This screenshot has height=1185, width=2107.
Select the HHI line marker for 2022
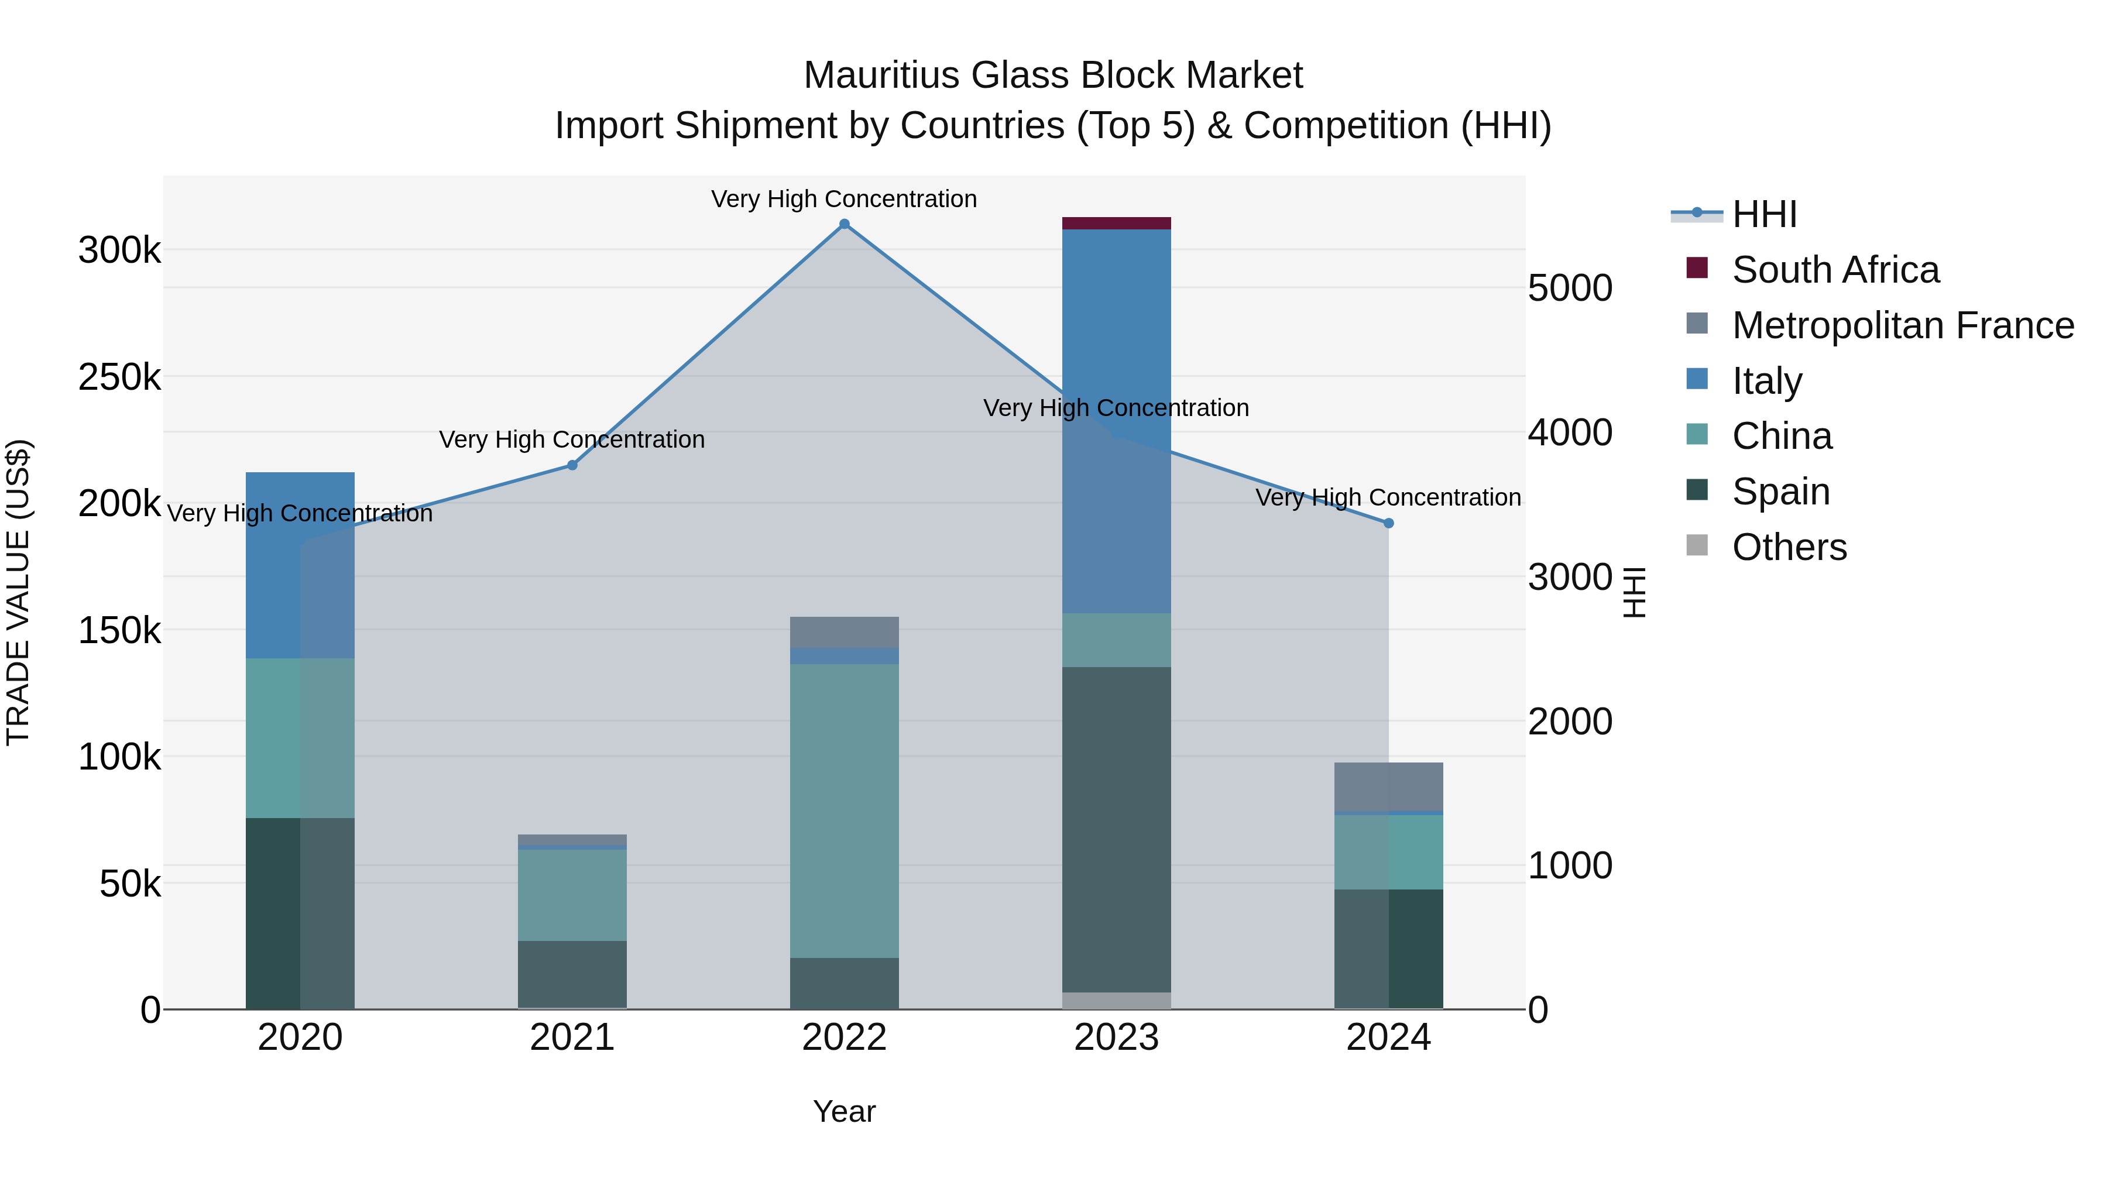click(844, 224)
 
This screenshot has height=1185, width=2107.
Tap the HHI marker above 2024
click(1388, 523)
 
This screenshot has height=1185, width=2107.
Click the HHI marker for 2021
click(572, 465)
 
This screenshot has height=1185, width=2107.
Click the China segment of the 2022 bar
click(844, 810)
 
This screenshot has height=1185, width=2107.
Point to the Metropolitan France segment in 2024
click(1388, 786)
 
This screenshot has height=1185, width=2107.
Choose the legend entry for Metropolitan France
click(1903, 325)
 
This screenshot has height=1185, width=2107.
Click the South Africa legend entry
click(1835, 270)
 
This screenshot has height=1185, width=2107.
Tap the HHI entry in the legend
click(1764, 214)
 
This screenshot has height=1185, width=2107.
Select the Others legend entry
click(1789, 547)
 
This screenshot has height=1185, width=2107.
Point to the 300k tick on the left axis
click(119, 250)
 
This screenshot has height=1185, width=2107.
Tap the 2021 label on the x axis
click(572, 1038)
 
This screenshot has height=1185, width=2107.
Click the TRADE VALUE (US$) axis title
click(18, 592)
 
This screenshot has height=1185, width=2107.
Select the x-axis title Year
click(844, 1111)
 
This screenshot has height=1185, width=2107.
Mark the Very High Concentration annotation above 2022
click(844, 199)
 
